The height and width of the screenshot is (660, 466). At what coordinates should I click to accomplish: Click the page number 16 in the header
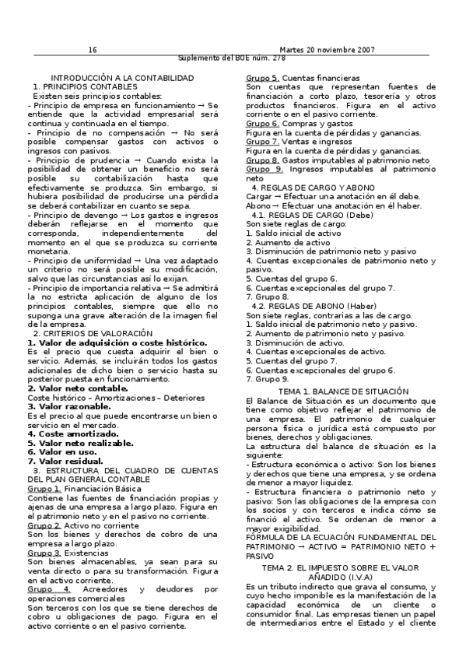coord(92,50)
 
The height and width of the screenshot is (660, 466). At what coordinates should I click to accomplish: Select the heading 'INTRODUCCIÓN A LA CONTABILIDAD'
coord(122,79)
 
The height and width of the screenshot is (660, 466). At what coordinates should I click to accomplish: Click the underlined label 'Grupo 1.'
coord(44,489)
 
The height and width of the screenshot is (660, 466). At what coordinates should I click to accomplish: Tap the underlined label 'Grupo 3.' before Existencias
coord(44,553)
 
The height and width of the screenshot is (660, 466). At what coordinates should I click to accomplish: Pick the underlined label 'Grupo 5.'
coord(262,79)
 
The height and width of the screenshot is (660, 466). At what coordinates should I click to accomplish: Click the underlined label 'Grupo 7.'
coord(262,142)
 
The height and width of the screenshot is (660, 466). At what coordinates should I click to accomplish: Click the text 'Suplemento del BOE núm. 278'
coord(232,58)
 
